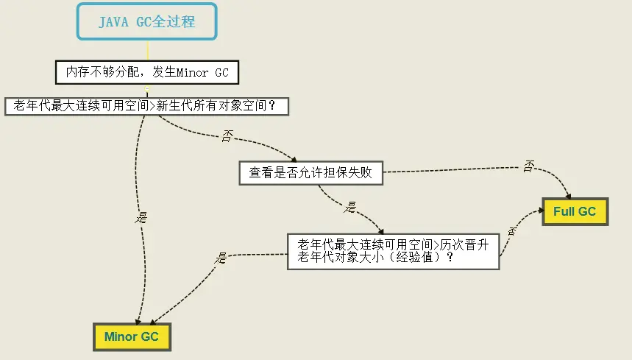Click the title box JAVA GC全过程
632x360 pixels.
click(147, 21)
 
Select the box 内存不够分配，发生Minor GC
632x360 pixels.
click(147, 72)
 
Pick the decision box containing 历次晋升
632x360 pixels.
click(392, 251)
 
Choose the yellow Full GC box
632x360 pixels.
click(575, 211)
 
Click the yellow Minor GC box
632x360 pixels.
click(132, 337)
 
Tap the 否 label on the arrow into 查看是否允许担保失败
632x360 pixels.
click(226, 137)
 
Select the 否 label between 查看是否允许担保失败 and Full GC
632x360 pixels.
click(528, 166)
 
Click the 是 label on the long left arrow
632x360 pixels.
click(141, 217)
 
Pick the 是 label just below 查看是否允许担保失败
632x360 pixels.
click(350, 207)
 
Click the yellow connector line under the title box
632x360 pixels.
click(147, 50)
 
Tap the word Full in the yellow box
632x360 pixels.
click(564, 211)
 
